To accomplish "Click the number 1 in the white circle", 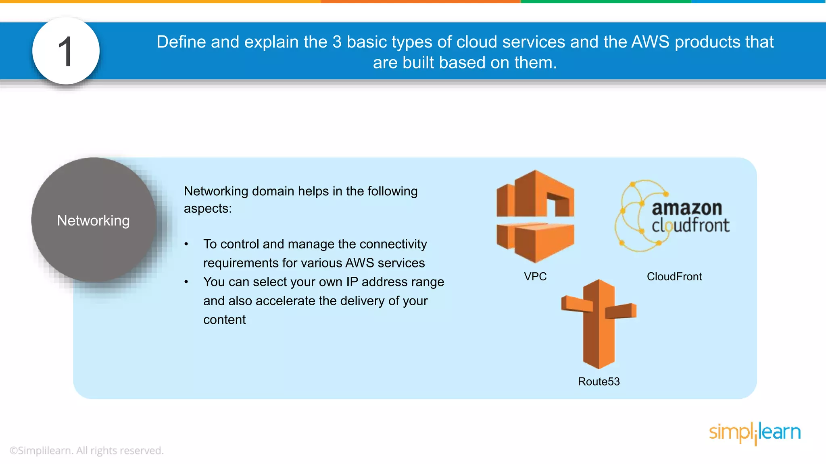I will coord(65,52).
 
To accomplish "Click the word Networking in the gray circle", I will coord(93,220).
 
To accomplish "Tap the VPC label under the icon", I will coord(535,276).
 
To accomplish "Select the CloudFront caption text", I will coord(674,276).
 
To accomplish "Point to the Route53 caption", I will coord(599,381).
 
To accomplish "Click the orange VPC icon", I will coord(535,216).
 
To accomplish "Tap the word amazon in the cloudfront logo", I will coord(686,208).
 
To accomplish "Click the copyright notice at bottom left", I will coord(86,450).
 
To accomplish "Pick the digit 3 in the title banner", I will coord(337,42).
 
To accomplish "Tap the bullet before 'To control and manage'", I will coord(186,244).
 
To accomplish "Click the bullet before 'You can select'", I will coord(186,282).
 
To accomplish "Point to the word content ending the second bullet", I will coord(224,320).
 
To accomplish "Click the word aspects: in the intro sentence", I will coord(208,209).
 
